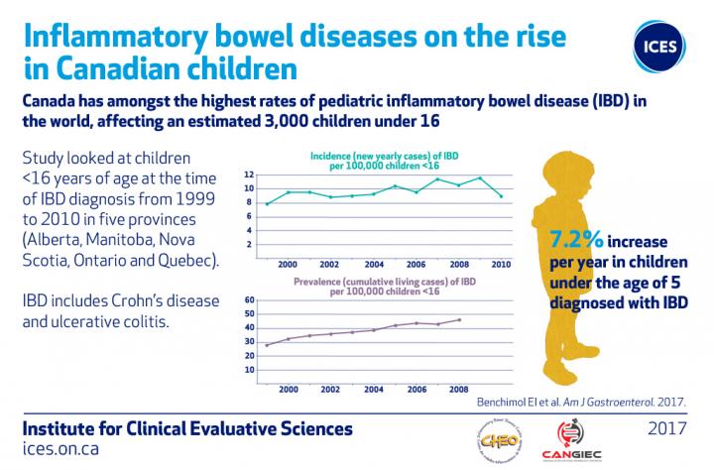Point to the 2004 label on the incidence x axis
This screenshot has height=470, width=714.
[373, 265]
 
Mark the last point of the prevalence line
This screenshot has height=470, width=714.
[459, 319]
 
